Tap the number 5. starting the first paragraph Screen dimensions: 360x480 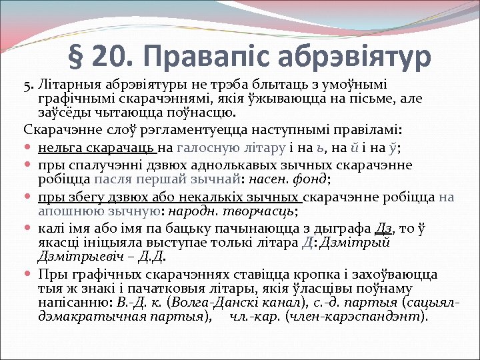pos(29,86)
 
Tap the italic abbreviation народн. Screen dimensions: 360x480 pos(194,211)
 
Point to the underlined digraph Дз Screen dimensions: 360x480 pos(384,227)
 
